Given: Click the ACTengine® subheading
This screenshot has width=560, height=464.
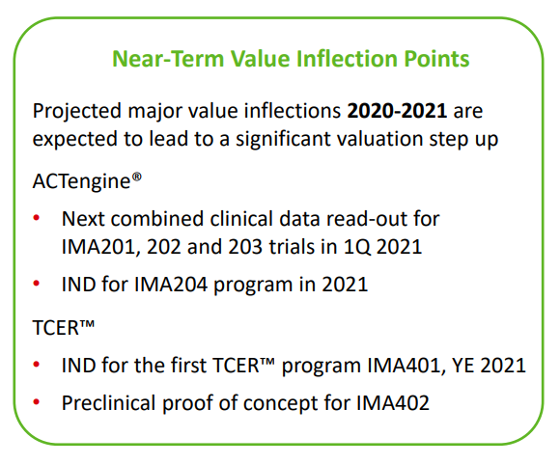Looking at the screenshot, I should (x=81, y=180).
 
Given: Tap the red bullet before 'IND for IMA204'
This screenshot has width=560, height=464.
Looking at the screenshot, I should (x=38, y=286).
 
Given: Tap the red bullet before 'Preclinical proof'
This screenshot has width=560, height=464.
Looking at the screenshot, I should (x=38, y=403).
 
